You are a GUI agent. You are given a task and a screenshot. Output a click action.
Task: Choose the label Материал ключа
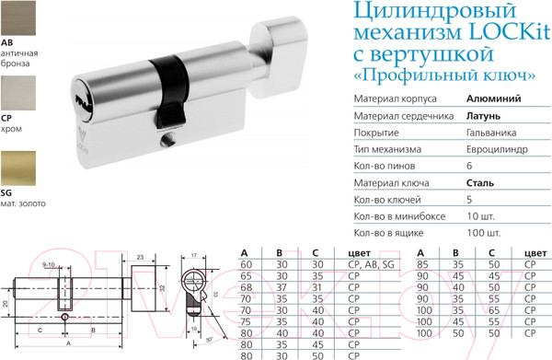point(389,183)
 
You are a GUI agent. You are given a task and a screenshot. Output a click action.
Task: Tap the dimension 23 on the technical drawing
point(140,259)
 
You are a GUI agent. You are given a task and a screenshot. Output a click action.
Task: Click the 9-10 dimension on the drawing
point(49,265)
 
